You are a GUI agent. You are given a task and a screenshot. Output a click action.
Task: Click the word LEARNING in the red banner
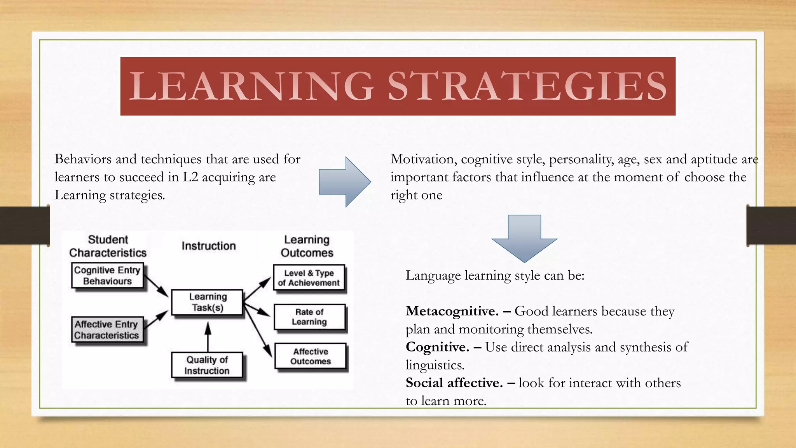coord(251,86)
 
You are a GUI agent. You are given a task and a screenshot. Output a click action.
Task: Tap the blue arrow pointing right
coord(344,182)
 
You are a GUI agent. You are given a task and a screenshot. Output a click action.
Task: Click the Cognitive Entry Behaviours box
coord(107,276)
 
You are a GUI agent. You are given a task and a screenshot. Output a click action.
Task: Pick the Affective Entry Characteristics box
coord(106,330)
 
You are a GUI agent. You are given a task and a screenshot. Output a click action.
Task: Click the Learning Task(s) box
coord(208,302)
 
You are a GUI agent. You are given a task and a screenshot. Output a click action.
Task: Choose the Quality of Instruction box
coord(207,365)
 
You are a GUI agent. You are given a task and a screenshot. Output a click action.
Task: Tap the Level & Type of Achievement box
coord(309,278)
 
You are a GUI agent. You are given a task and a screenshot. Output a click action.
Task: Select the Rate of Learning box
coord(309,317)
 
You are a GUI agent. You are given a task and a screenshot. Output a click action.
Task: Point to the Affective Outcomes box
coord(310,356)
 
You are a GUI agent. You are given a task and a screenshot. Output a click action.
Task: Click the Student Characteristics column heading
coord(108,246)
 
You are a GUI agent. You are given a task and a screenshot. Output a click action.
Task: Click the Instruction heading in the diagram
coord(209,246)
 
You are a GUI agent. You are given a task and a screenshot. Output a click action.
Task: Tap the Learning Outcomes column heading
coord(307,246)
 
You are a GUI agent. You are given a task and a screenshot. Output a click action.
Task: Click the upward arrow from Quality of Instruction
coord(208,336)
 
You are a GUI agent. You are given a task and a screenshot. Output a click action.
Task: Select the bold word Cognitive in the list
coord(437,347)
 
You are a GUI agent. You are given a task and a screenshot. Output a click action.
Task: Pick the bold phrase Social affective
coord(454,383)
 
